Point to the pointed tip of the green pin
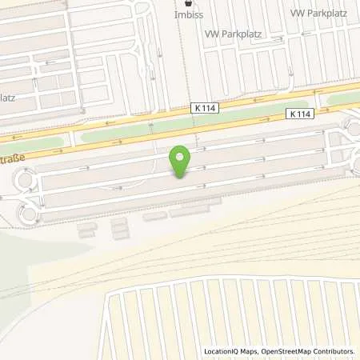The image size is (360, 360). (181, 178)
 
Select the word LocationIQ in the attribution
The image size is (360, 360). (222, 351)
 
